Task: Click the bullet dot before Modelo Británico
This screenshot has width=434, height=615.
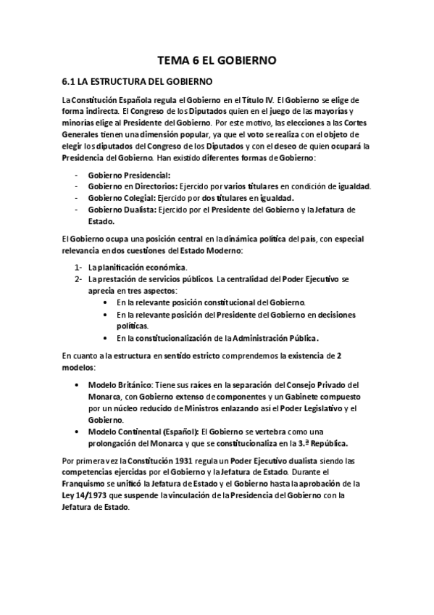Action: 77,384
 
